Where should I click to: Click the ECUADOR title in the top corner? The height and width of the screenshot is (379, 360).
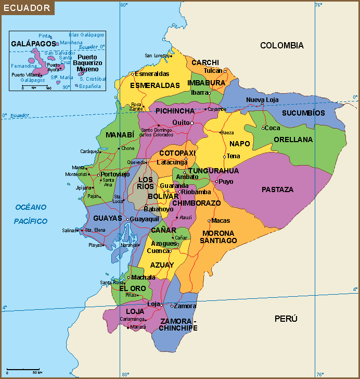pyautogui.click(x=26, y=8)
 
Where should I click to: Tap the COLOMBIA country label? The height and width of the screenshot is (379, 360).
pyautogui.click(x=281, y=46)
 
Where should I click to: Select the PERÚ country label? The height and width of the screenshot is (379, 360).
pyautogui.click(x=286, y=319)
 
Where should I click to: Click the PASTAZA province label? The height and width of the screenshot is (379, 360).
pyautogui.click(x=277, y=189)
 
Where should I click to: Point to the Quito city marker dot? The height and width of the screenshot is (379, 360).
pyautogui.click(x=192, y=123)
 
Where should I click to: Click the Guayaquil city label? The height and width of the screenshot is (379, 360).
pyautogui.click(x=144, y=220)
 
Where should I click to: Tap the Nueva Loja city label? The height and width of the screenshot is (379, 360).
pyautogui.click(x=262, y=100)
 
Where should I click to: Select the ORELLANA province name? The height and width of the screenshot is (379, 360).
pyautogui.click(x=293, y=140)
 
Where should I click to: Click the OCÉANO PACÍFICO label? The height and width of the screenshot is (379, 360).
pyautogui.click(x=31, y=214)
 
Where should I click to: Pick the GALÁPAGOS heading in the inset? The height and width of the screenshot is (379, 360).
pyautogui.click(x=33, y=44)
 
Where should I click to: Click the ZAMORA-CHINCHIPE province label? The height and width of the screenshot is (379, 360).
pyautogui.click(x=178, y=324)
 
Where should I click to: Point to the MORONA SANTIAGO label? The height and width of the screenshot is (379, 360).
pyautogui.click(x=219, y=237)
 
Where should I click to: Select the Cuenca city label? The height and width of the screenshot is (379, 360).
pyautogui.click(x=158, y=251)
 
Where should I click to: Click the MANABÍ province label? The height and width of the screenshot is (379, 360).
pyautogui.click(x=120, y=135)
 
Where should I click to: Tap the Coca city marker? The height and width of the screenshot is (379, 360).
pyautogui.click(x=264, y=128)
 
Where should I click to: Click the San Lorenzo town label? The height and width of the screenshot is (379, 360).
pyautogui.click(x=157, y=56)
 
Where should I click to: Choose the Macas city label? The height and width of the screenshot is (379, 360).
pyautogui.click(x=221, y=221)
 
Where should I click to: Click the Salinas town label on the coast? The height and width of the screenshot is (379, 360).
pyautogui.click(x=69, y=230)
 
